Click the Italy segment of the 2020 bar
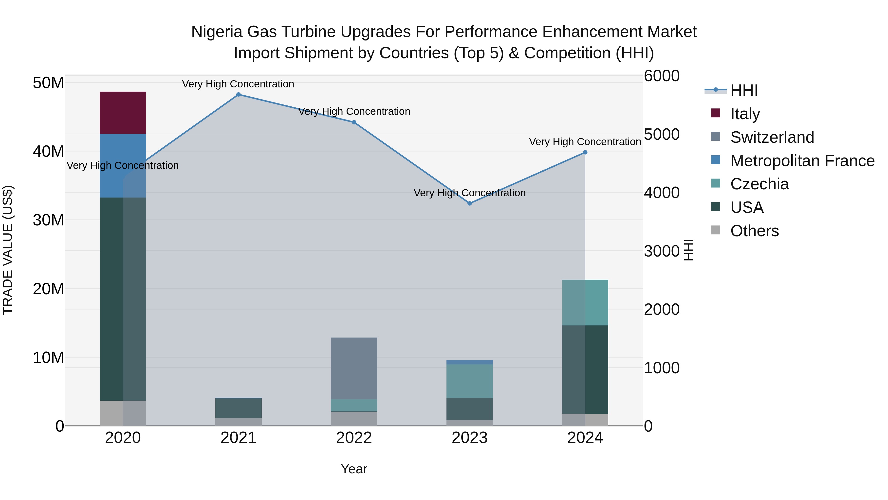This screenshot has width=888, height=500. (123, 113)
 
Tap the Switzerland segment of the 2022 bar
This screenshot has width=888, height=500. (354, 368)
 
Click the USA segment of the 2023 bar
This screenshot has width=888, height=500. (469, 409)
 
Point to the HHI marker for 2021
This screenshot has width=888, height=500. (238, 95)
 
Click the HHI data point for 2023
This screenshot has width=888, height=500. (469, 203)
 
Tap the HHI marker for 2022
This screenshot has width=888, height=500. (354, 122)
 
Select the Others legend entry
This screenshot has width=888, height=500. (754, 231)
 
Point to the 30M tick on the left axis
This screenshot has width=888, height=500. (48, 220)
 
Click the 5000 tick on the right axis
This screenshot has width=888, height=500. (661, 134)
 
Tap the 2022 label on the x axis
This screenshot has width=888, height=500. (354, 438)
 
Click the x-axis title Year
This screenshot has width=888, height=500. (354, 469)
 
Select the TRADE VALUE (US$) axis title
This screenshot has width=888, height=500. (8, 250)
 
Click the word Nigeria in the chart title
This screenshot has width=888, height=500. (217, 32)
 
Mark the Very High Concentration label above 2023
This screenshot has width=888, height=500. (469, 193)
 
